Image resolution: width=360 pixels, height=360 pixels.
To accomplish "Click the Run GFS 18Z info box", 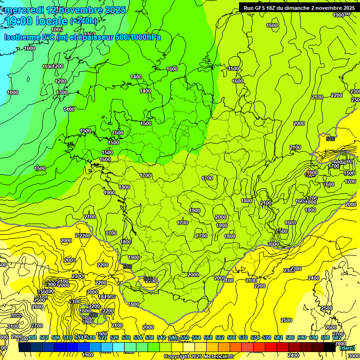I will [x=299, y=8].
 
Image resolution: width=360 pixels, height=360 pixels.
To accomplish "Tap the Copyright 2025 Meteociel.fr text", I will [x=199, y=357].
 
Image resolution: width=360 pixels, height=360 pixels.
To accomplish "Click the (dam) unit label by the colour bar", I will [x=347, y=348].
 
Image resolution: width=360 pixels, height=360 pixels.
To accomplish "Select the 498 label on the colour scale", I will [x=32, y=337].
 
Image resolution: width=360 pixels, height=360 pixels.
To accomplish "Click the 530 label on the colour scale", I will [x=126, y=337].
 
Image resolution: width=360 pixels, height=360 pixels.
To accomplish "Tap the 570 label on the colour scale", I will [x=243, y=337].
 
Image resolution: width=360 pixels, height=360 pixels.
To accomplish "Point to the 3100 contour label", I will [x=13, y=326].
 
